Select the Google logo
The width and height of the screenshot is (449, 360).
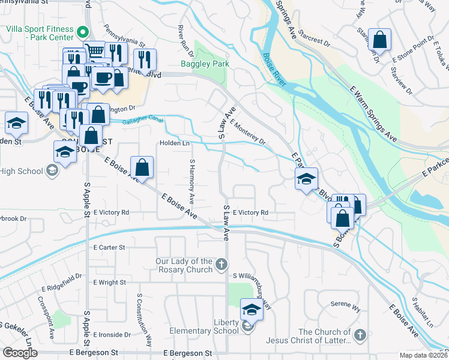(x=20, y=353)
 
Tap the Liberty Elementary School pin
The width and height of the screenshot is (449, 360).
(x=248, y=327)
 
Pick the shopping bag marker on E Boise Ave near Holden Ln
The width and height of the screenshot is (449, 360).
(x=142, y=168)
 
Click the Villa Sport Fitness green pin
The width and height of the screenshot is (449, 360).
(x=83, y=32)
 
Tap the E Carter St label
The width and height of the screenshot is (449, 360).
(x=109, y=247)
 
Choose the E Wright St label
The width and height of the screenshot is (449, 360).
(x=109, y=282)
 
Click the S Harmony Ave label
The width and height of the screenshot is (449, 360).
(x=192, y=179)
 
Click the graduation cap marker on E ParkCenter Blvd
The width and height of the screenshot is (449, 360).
(x=306, y=179)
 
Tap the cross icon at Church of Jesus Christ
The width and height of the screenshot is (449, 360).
(x=360, y=334)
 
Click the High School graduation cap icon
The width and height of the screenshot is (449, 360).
(x=53, y=172)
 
